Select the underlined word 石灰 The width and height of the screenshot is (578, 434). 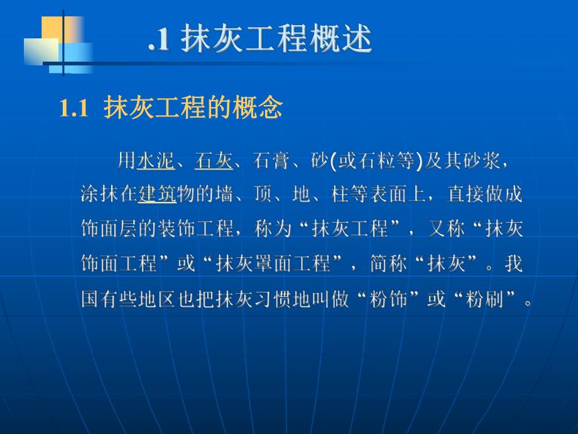214,162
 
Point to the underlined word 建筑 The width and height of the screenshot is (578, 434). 156,194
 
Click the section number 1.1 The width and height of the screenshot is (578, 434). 75,109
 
